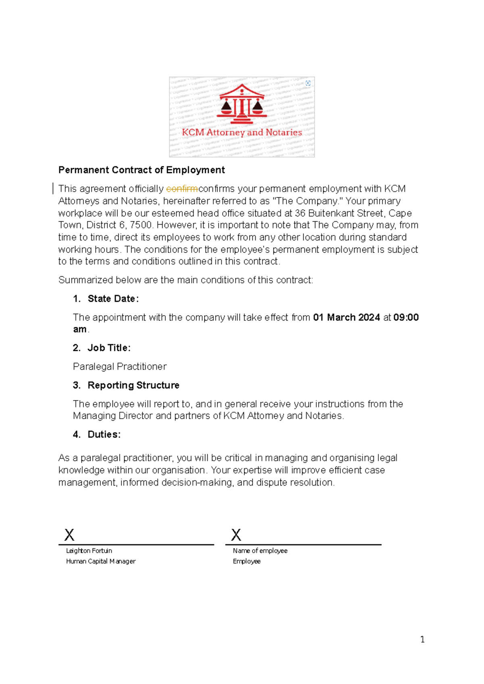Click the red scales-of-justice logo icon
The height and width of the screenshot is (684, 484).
(x=242, y=104)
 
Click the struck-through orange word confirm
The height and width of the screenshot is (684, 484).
(x=182, y=189)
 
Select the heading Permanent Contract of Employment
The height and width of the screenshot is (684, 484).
(x=141, y=170)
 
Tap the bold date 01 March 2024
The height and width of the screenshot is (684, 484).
(x=346, y=317)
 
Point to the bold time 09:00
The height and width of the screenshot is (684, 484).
(x=406, y=317)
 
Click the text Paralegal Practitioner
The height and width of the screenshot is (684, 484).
(x=120, y=367)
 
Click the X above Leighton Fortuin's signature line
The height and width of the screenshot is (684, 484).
(x=69, y=535)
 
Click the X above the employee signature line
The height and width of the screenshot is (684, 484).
(x=236, y=535)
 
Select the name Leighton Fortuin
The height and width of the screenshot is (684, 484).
(x=89, y=551)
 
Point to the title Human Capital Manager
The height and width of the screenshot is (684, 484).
(x=101, y=561)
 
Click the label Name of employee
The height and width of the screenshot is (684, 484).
(x=260, y=551)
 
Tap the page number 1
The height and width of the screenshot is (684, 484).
(x=422, y=640)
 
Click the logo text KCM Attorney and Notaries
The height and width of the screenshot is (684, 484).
(x=242, y=132)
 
